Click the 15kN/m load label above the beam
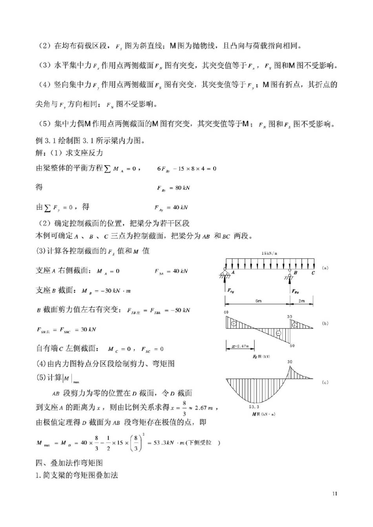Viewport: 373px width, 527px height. tap(269, 253)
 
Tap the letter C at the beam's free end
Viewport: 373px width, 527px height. tap(313, 273)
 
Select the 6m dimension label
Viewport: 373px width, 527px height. tap(258, 301)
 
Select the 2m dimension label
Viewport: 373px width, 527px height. tap(302, 301)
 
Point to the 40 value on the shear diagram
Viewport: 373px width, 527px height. tap(226, 312)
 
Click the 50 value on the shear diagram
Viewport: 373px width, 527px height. tap(292, 346)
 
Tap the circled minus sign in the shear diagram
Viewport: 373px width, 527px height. tap(278, 333)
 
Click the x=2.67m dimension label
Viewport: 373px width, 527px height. tap(240, 346)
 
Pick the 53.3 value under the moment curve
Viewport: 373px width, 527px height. tap(254, 407)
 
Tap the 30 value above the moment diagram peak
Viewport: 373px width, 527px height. tap(290, 362)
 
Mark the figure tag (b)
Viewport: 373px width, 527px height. tap(325, 324)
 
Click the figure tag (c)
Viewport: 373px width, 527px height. tap(325, 382)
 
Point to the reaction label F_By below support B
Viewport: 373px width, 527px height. tap(295, 291)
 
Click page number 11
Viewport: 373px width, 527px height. tap(335, 494)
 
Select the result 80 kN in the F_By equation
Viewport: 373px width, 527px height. tap(182, 188)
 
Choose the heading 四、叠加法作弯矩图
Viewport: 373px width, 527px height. tap(69, 463)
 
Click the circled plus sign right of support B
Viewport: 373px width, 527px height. tap(294, 325)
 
